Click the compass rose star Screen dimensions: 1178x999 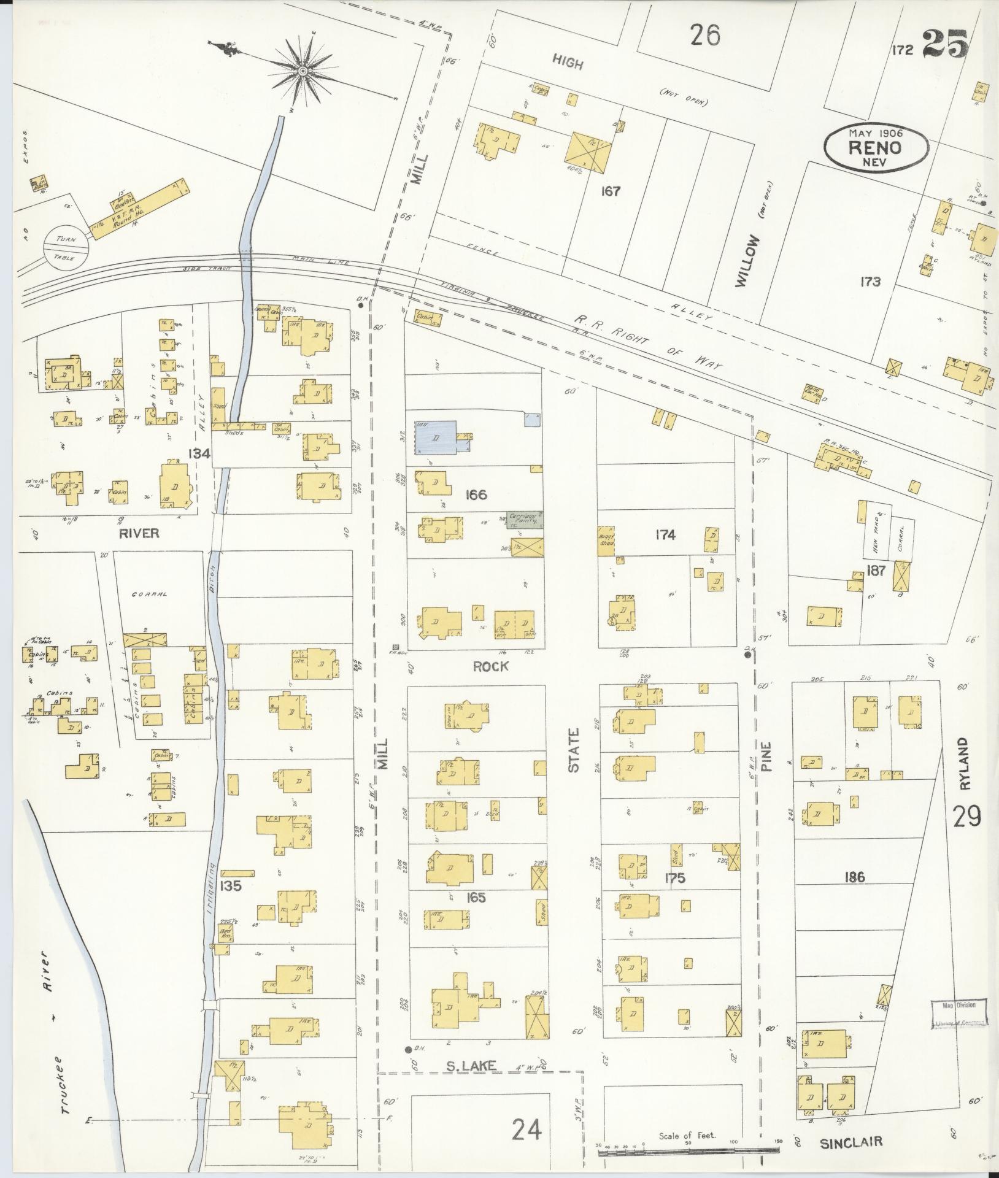click(303, 72)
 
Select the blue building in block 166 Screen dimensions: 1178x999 click(436, 437)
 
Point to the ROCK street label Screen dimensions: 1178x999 click(490, 666)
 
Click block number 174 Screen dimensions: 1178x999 click(665, 535)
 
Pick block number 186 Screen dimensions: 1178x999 click(854, 878)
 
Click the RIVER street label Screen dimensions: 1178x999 click(139, 533)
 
